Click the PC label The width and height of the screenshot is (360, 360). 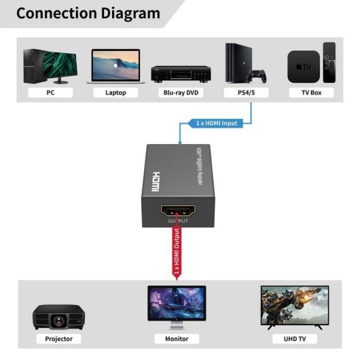point(50,92)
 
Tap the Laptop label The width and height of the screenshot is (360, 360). point(115,92)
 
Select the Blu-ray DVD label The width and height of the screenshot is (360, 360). point(180,92)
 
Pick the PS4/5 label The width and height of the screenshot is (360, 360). point(246,92)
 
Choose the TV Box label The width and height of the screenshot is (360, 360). point(311,92)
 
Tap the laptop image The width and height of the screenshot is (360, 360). point(115,67)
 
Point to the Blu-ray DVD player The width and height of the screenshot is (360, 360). point(179,72)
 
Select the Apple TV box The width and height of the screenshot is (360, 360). point(303,67)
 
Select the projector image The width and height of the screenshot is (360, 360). point(58,317)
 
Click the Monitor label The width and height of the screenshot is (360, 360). point(177,338)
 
